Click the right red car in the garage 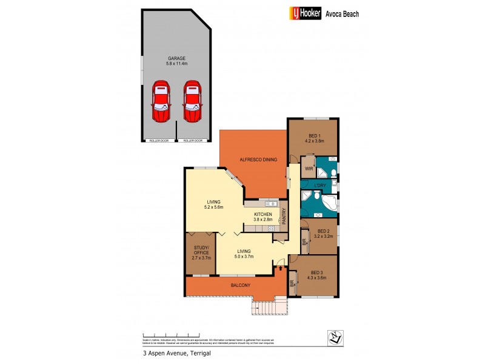[x=192, y=100]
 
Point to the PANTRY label [x=283, y=215]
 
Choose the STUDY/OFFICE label [x=201, y=251]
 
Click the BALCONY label [x=241, y=285]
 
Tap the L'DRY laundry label [x=320, y=185]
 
